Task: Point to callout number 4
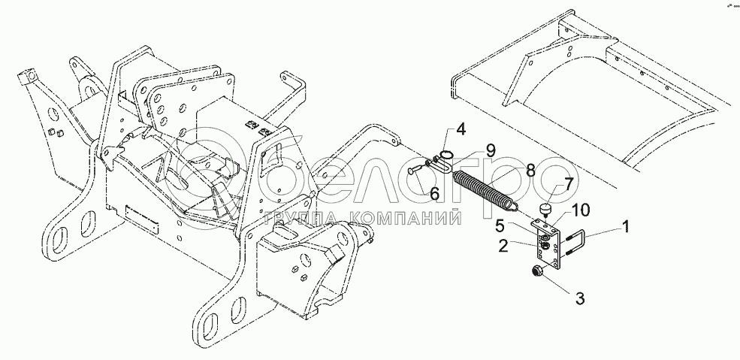point(461,129)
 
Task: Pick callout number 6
point(434,195)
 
